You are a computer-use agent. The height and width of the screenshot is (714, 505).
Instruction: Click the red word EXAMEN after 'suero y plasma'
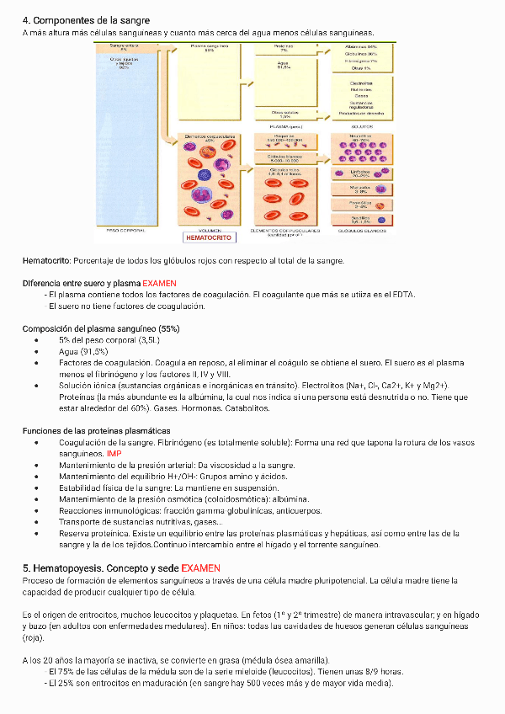click(159, 284)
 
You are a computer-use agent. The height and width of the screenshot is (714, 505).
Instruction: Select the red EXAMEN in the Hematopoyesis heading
click(201, 568)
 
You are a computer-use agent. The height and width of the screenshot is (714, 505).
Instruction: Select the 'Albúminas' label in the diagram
click(360, 47)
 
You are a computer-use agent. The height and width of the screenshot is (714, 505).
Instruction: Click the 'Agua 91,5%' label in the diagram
click(283, 66)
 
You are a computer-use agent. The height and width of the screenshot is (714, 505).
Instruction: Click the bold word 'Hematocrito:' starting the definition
click(46, 261)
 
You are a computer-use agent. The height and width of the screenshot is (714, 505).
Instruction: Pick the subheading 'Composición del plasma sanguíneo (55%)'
click(100, 328)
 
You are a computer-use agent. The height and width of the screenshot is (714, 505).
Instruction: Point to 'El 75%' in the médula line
click(61, 672)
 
